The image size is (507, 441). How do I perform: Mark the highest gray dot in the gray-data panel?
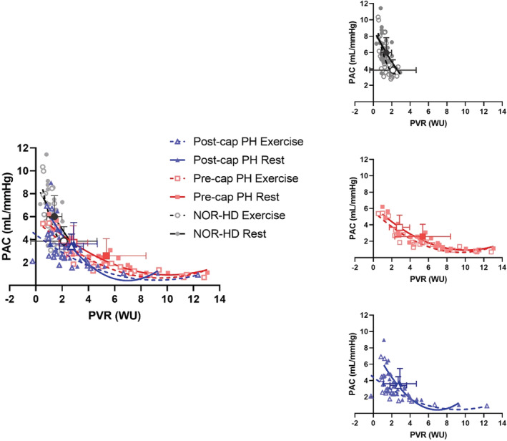pos(380,9)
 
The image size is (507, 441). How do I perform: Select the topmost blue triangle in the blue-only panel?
pos(384,341)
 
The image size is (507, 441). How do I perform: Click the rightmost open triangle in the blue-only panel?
pos(486,406)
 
